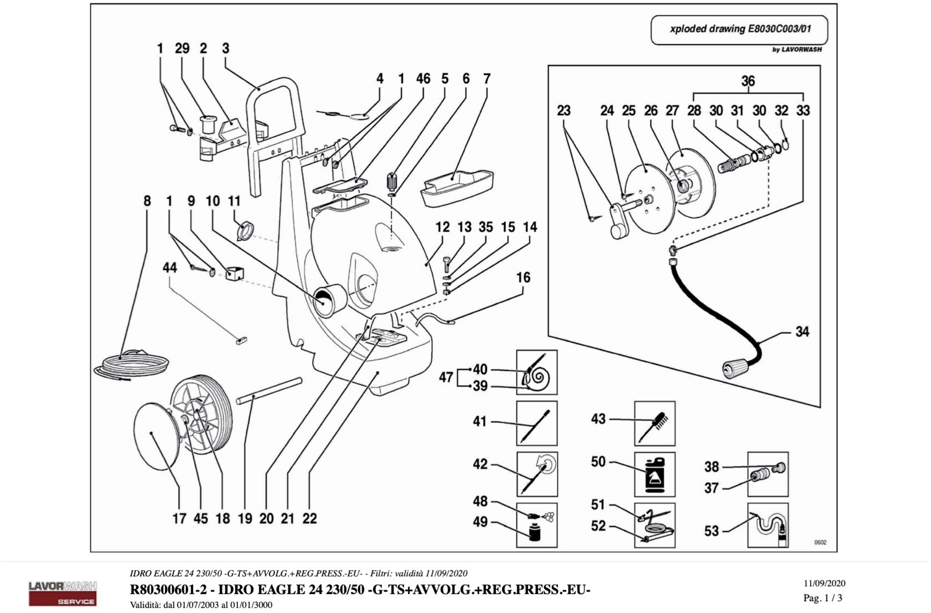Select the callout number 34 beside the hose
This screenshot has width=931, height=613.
point(802,331)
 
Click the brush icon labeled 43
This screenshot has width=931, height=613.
point(654,423)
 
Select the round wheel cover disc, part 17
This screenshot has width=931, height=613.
point(156,436)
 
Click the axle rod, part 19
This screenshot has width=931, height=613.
point(269,391)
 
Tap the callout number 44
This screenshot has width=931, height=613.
point(170,268)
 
